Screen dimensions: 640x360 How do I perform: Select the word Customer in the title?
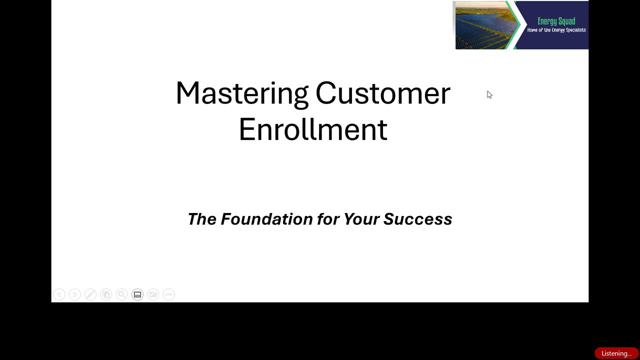click(383, 93)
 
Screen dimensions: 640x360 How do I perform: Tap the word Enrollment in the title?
click(313, 129)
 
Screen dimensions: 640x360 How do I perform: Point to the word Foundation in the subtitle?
click(266, 219)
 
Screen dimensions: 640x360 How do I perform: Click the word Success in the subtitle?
click(417, 219)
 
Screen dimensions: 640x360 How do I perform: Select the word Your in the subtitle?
click(361, 219)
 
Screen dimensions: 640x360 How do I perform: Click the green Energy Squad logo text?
click(556, 21)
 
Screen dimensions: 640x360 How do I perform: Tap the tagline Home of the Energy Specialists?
click(556, 30)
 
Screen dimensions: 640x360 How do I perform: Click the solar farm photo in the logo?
click(485, 25)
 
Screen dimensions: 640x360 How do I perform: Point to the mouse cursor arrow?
click(489, 94)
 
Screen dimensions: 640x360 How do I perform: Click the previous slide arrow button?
click(59, 294)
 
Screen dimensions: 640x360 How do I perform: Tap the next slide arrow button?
click(75, 294)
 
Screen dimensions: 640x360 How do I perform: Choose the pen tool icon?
click(90, 294)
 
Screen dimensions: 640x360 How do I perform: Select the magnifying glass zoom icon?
click(121, 294)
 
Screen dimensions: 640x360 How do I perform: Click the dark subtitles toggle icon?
click(137, 294)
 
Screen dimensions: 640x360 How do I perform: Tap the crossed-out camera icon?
click(153, 294)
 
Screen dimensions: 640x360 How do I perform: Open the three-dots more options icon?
click(169, 294)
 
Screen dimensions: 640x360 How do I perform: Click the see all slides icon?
click(106, 294)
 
